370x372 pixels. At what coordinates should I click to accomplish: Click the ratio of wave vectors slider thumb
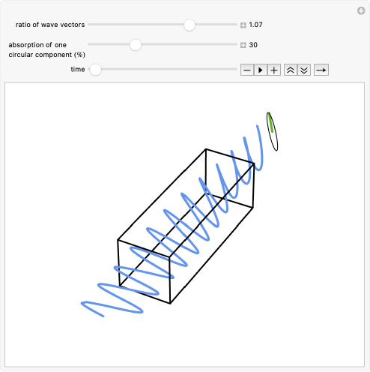pyautogui.click(x=189, y=25)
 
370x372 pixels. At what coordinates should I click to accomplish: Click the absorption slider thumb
pyautogui.click(x=136, y=45)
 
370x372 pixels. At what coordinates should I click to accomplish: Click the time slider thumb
pyautogui.click(x=95, y=70)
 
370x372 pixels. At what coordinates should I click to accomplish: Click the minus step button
pyautogui.click(x=247, y=70)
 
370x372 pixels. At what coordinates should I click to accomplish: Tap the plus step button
pyautogui.click(x=274, y=70)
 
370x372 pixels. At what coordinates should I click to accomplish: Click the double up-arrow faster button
pyautogui.click(x=291, y=70)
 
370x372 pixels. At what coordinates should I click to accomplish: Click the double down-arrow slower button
pyautogui.click(x=304, y=70)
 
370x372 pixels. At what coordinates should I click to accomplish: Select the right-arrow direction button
pyautogui.click(x=321, y=70)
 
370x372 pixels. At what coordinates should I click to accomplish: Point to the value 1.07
pyautogui.click(x=255, y=25)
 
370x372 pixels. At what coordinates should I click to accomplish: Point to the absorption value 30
pyautogui.click(x=253, y=45)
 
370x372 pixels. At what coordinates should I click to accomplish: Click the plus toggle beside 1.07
pyautogui.click(x=243, y=25)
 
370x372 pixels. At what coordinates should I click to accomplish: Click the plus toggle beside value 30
pyautogui.click(x=243, y=45)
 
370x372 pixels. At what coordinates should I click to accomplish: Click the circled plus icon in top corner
pyautogui.click(x=361, y=10)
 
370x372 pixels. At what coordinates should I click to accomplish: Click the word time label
pyautogui.click(x=78, y=69)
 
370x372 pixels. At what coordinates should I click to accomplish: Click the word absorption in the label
pyautogui.click(x=27, y=45)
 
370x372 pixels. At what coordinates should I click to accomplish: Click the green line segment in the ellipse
pyautogui.click(x=270, y=122)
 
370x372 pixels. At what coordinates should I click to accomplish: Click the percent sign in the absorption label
pyautogui.click(x=80, y=55)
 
